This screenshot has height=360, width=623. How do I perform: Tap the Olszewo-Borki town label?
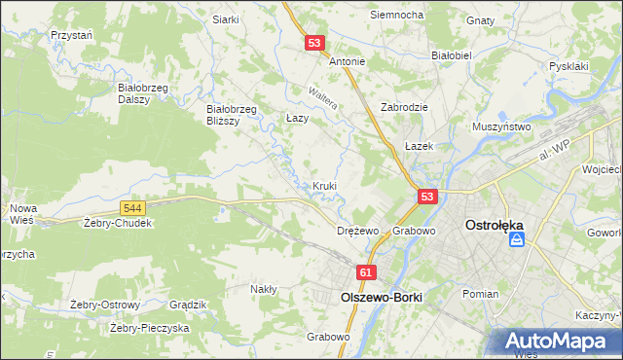(374, 298)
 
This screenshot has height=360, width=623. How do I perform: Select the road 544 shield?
(134, 208)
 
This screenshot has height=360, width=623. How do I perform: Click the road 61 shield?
(366, 275)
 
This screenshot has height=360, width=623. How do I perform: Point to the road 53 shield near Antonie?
(313, 44)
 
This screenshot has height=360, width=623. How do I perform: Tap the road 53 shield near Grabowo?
(426, 198)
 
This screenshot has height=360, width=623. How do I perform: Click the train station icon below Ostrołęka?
(517, 239)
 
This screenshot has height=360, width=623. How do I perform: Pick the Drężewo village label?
(356, 232)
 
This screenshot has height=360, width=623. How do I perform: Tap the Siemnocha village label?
(396, 16)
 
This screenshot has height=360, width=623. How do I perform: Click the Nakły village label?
(264, 289)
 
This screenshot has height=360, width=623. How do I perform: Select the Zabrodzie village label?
(405, 108)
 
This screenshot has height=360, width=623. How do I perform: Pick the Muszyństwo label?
(500, 126)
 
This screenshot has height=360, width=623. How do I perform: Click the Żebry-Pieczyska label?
(149, 328)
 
